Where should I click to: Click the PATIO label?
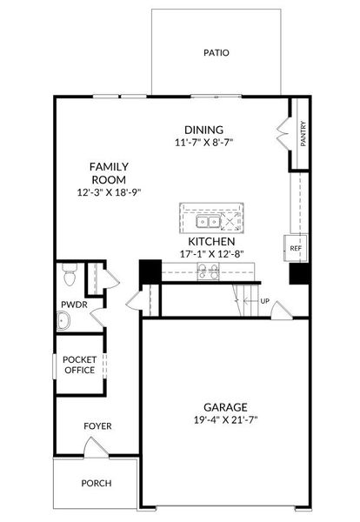pos(217,52)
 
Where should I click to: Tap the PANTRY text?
pos(303,134)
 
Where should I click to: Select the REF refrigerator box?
pos(296,248)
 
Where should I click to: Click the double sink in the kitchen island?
pos(209,222)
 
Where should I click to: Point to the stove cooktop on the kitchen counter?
pos(209,271)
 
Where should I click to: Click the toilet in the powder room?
pos(70,275)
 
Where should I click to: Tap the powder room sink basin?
pos(63,321)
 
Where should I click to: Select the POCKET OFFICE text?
pos(80,365)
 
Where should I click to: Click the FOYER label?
pos(97,426)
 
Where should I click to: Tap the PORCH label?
pos(97,483)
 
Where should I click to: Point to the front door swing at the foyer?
pos(96,447)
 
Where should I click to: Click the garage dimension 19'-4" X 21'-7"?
pos(226,420)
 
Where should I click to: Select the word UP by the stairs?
pos(265,301)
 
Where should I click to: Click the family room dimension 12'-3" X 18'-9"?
pos(110,192)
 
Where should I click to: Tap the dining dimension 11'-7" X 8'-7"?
pos(203,143)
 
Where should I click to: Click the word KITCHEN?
pos(211,241)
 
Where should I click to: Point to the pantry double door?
pos(283,134)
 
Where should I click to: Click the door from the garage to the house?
pos(282,311)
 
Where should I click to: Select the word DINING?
pos(204,130)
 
